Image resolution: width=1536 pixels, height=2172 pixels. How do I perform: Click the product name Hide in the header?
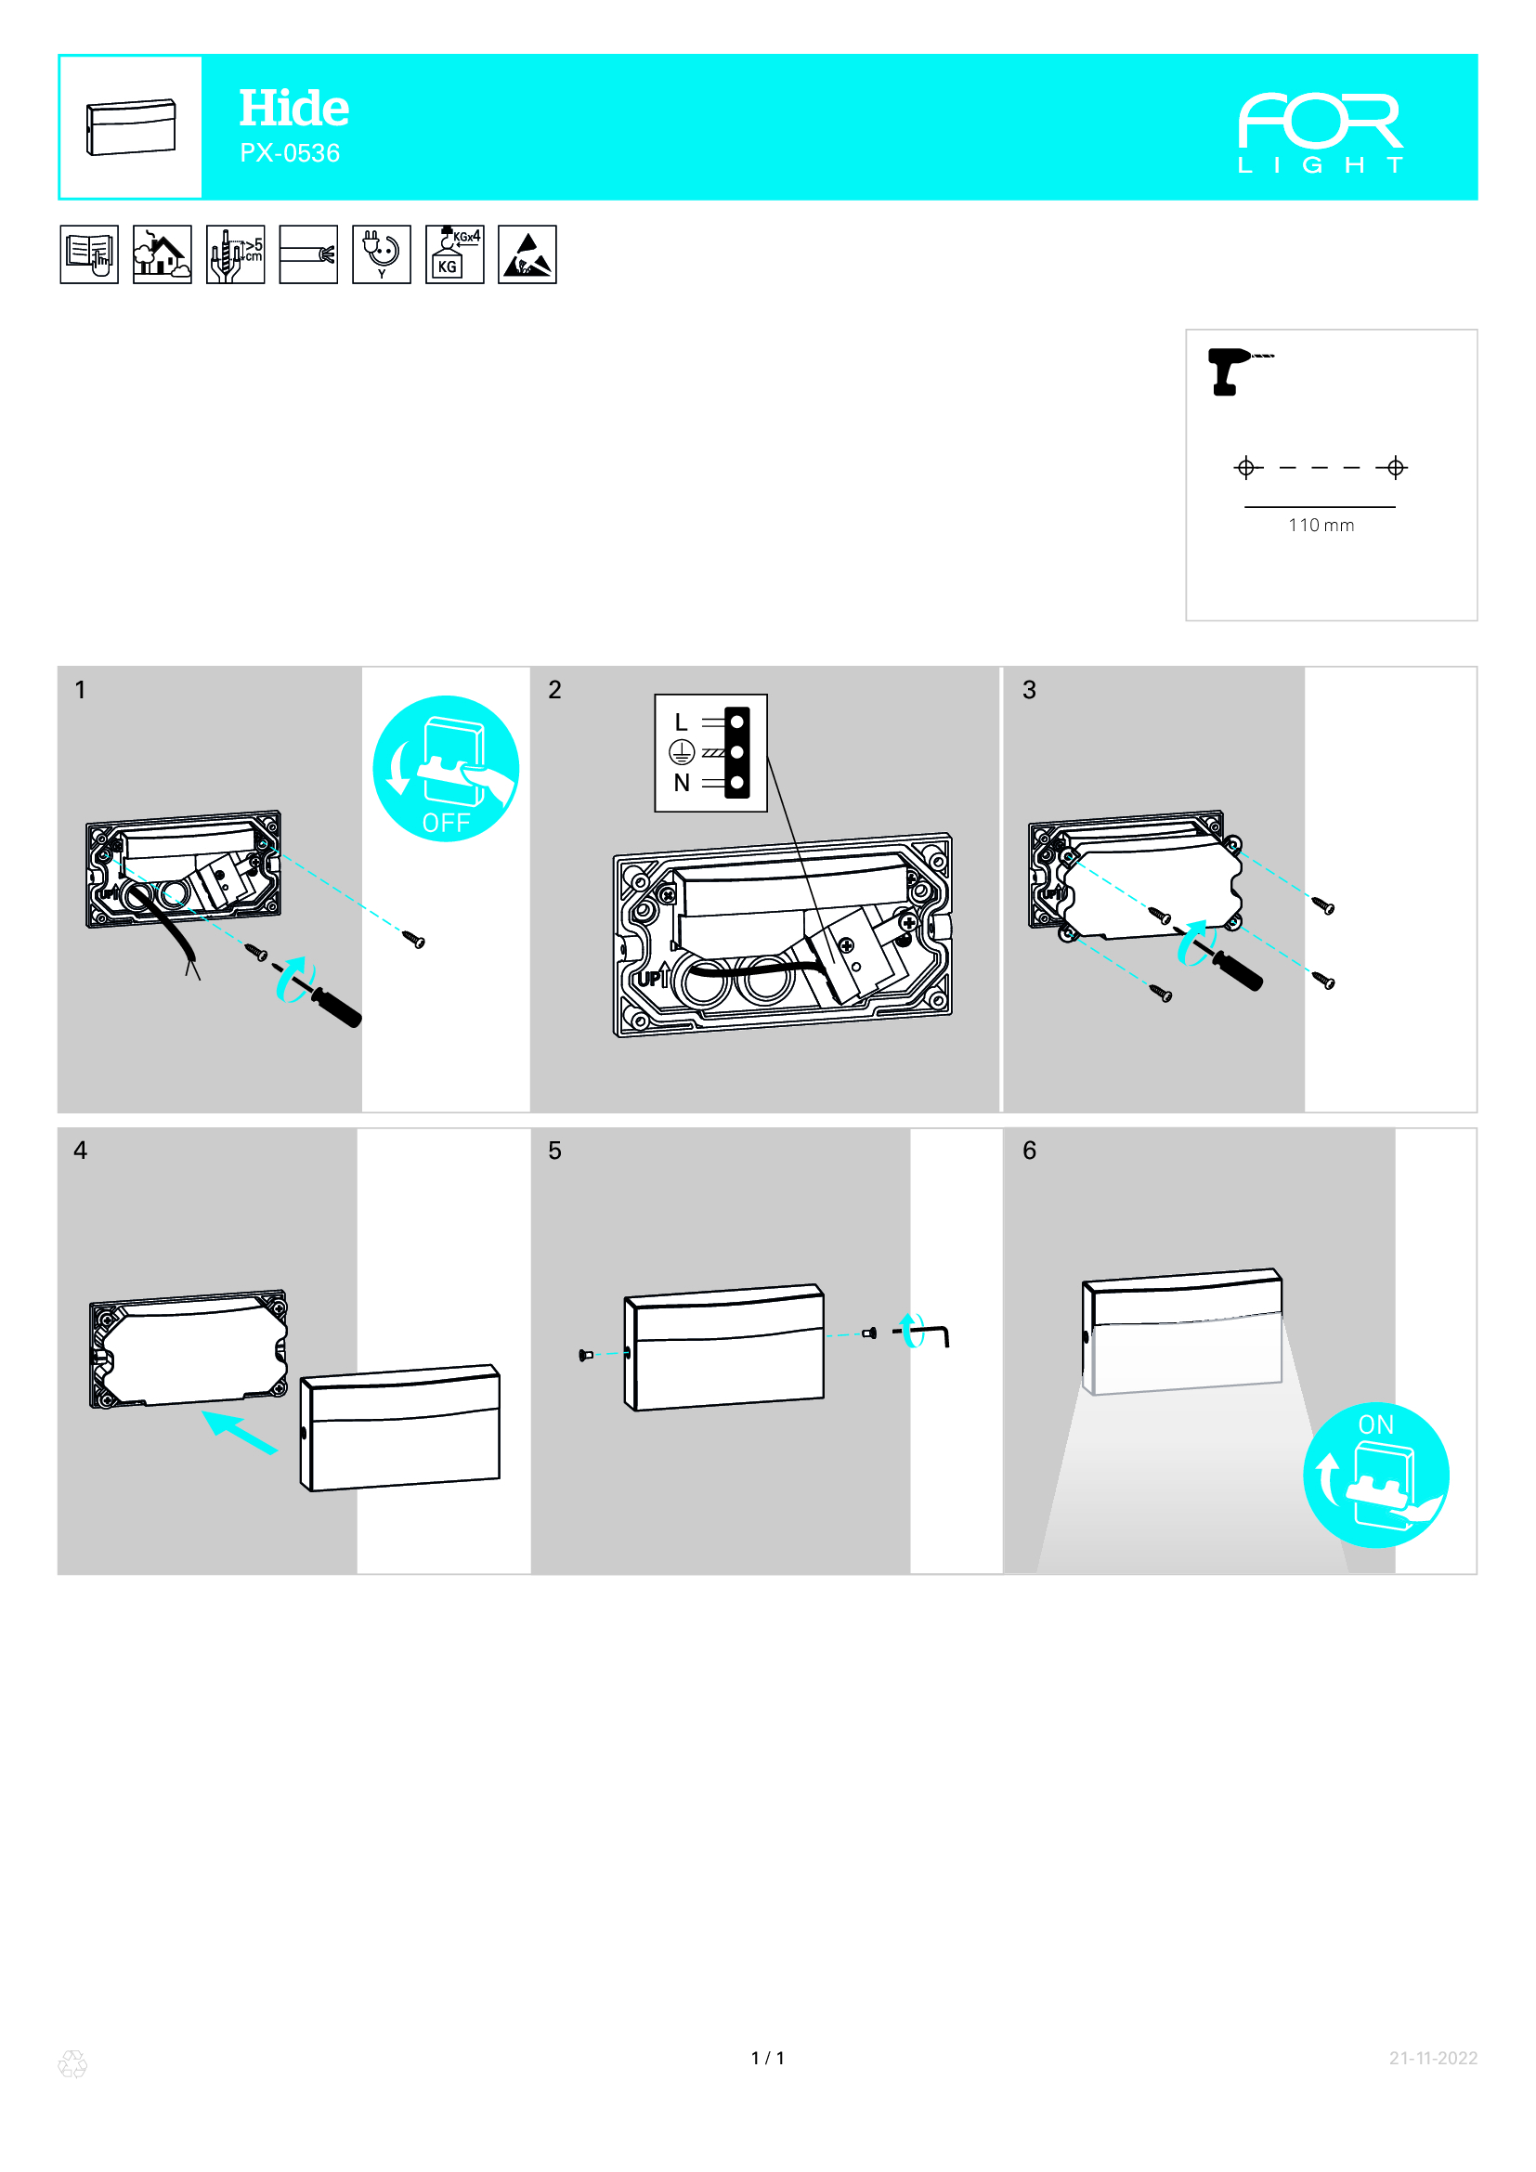293,108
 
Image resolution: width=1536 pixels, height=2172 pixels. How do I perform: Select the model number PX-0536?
290,153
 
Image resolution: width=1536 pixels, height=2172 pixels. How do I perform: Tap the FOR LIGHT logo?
1321,133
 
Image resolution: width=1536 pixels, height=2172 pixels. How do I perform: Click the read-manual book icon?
89,254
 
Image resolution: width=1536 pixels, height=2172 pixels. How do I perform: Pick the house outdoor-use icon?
162,254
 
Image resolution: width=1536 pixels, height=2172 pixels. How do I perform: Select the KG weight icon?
454,254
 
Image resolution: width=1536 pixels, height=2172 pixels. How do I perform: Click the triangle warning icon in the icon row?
527,254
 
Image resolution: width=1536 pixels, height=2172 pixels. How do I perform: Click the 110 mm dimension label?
1321,525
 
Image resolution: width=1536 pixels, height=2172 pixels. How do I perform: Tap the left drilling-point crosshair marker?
1246,467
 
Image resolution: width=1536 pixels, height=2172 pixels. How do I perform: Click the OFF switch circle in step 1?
446,768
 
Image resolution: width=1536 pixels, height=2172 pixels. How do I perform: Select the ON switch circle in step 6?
1376,1475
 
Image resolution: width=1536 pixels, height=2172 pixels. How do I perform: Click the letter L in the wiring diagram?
681,722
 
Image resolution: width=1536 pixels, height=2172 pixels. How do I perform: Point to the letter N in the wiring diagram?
682,784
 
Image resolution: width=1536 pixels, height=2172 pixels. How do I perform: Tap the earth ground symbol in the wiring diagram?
682,752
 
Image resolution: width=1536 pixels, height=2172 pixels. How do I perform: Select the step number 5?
555,1151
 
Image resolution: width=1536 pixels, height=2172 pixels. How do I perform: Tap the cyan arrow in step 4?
240,1431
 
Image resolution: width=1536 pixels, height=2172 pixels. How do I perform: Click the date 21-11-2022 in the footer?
1433,2058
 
